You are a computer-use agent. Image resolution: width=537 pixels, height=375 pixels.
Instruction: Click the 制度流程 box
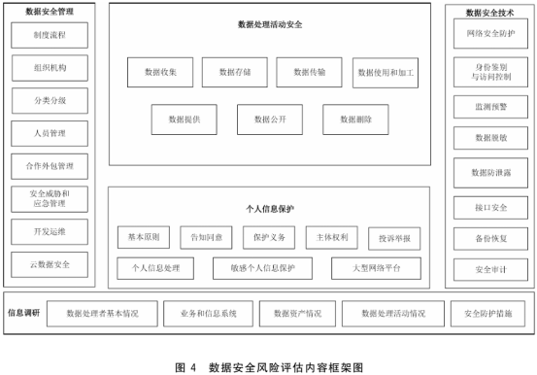(50, 36)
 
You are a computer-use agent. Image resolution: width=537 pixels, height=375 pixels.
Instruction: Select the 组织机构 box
(50, 69)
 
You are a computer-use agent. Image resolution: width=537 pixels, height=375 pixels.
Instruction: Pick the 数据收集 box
(160, 72)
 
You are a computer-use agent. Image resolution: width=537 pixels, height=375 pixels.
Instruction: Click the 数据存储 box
(235, 72)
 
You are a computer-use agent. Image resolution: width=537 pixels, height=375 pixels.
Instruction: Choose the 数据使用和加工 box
(386, 72)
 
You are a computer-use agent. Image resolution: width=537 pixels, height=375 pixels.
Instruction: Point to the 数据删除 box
(355, 119)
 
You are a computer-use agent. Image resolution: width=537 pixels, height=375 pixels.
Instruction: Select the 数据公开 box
(269, 119)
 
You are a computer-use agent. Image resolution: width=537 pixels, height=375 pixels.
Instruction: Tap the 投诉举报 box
(394, 237)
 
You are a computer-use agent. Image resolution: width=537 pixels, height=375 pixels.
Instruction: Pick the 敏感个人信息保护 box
(263, 266)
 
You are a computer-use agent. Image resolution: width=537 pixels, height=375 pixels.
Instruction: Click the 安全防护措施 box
(488, 314)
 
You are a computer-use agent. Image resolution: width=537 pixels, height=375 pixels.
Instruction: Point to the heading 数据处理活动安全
(269, 24)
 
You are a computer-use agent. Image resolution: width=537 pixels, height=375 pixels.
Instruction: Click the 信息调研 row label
(23, 313)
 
